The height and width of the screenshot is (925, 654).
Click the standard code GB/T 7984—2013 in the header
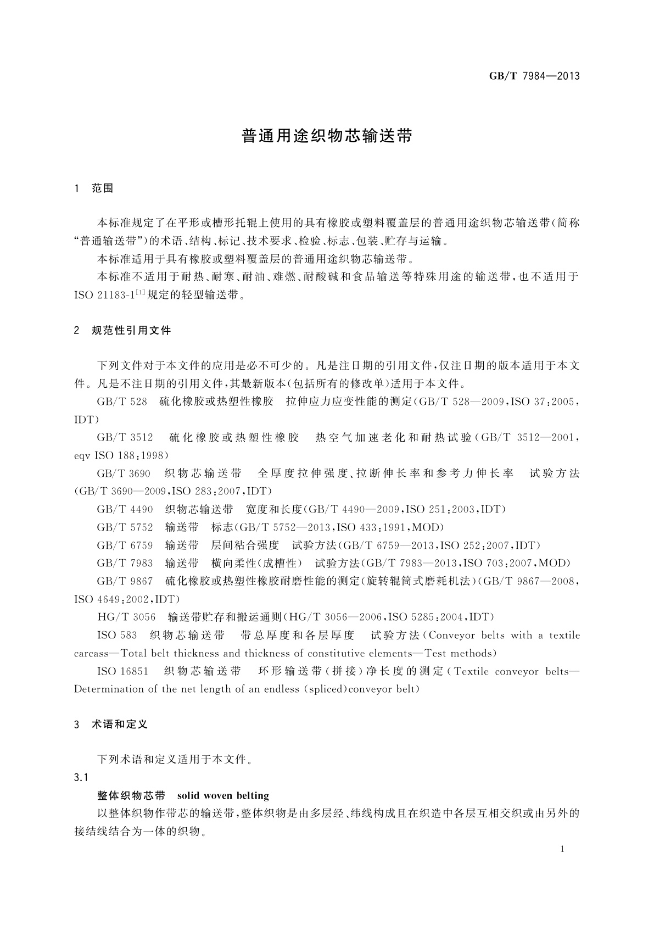coord(534,76)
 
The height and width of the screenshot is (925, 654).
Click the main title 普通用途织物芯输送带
coord(327,136)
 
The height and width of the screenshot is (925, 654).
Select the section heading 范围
coord(103,188)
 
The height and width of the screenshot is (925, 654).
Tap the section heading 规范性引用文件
coord(131,330)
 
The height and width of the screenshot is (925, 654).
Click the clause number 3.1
coord(81,778)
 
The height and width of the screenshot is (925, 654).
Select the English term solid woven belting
coord(223,795)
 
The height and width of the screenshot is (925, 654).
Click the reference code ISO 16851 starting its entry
coord(122,671)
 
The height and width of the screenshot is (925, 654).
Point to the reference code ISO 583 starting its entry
coord(116,636)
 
